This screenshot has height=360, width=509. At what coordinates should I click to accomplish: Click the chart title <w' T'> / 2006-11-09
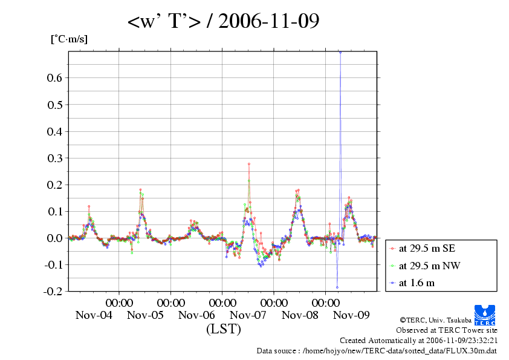click(223, 22)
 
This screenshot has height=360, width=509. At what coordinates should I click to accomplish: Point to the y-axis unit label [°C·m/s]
click(68, 39)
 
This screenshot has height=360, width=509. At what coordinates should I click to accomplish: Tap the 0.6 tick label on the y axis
click(54, 78)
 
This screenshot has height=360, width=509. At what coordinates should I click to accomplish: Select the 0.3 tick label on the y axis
click(54, 158)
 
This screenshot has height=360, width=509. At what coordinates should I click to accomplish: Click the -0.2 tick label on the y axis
click(53, 291)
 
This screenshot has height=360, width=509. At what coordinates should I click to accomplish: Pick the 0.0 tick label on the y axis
click(54, 238)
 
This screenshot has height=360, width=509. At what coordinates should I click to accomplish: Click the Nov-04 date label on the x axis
click(94, 315)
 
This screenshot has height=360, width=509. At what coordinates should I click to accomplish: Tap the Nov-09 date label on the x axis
click(351, 315)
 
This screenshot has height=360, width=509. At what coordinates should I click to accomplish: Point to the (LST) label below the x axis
click(223, 329)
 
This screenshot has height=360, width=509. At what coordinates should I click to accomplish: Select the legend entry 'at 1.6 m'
click(417, 282)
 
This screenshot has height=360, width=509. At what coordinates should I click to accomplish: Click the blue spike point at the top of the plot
click(340, 52)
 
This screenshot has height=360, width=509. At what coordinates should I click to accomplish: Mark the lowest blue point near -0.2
click(337, 287)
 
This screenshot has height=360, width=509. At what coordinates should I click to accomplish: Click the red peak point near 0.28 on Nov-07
click(249, 164)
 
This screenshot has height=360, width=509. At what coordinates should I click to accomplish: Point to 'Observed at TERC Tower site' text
click(447, 330)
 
